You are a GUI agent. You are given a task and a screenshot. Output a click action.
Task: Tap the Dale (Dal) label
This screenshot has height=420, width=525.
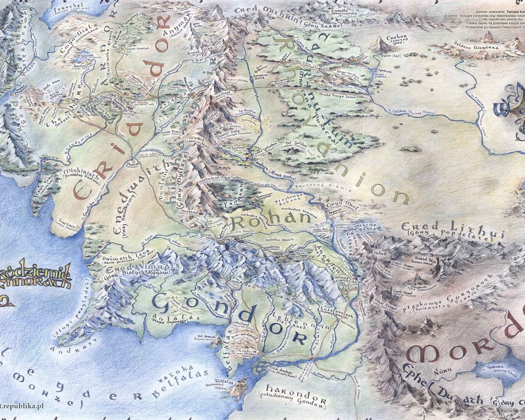[389, 55]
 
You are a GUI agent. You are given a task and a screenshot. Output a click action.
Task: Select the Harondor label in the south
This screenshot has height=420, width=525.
[296, 401]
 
